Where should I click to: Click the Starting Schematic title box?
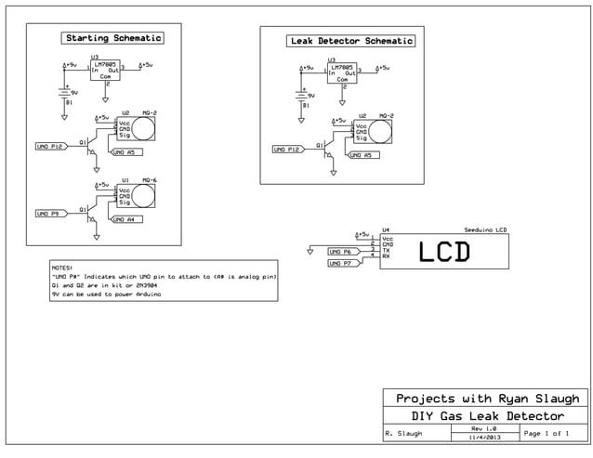pos(112,38)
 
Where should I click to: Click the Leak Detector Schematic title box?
pos(351,41)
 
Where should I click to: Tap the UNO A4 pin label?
pos(125,219)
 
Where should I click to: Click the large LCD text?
pos(443,252)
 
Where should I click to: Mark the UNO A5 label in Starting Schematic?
pos(125,151)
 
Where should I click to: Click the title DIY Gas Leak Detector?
pos(488,415)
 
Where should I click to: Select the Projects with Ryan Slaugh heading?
pos(487,398)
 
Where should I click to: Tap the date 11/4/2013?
pos(484,437)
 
